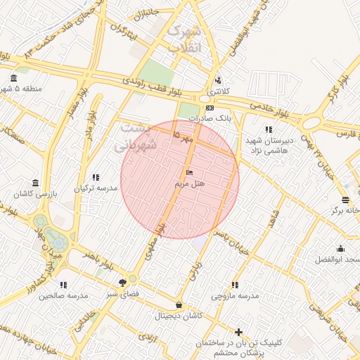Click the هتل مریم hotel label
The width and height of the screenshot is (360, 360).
(x=189, y=184)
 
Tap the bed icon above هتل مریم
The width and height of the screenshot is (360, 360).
(x=189, y=172)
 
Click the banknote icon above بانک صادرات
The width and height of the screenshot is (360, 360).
(x=210, y=108)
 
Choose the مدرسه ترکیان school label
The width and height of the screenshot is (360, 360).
(x=95, y=189)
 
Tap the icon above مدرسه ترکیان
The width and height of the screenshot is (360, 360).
(x=96, y=177)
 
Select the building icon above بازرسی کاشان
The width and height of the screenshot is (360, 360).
(x=35, y=182)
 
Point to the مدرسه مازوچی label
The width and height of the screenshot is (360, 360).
(x=235, y=296)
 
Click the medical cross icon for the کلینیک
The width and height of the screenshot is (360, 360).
(x=239, y=332)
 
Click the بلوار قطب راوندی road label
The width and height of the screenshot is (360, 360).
(x=153, y=86)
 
